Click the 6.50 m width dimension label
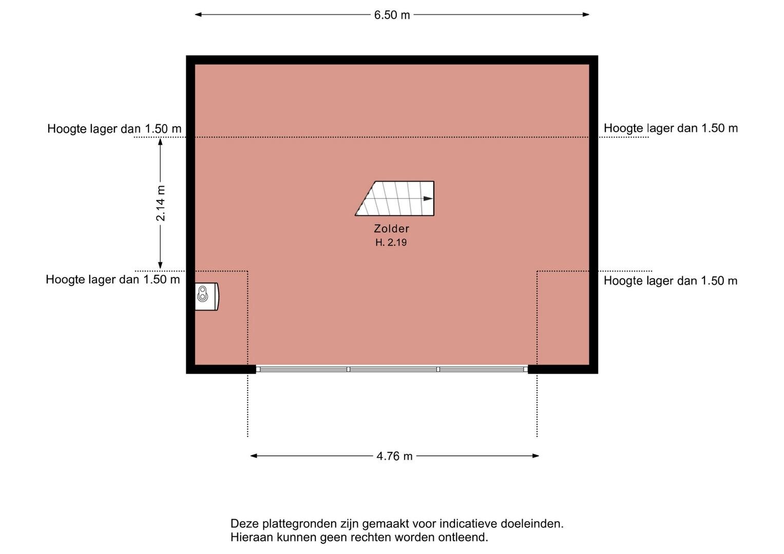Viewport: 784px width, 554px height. (x=392, y=15)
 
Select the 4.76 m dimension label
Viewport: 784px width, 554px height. (x=394, y=456)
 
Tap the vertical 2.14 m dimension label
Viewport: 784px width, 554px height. (x=160, y=203)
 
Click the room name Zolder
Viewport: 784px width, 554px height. (x=391, y=228)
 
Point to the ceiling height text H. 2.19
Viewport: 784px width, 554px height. (x=391, y=242)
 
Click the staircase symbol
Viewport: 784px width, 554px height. (x=394, y=199)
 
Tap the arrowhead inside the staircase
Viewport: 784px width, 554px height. (x=428, y=199)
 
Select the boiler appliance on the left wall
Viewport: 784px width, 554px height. (x=207, y=296)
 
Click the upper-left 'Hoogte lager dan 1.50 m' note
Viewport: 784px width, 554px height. (x=114, y=129)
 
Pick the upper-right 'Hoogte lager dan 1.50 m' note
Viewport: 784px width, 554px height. (x=671, y=128)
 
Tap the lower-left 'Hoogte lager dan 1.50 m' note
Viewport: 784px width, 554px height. (x=113, y=280)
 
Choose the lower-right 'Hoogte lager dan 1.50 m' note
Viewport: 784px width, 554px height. (x=670, y=281)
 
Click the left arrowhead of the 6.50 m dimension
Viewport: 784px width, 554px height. (x=199, y=15)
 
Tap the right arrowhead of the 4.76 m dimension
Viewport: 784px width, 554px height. (x=536, y=456)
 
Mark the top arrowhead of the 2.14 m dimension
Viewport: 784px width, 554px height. (x=160, y=142)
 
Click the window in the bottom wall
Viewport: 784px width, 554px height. (x=392, y=369)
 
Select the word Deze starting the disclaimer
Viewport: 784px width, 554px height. (x=245, y=524)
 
